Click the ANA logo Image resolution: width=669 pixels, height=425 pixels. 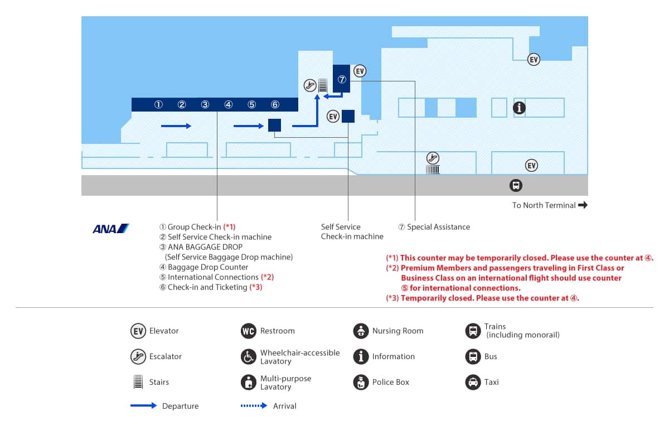point(111,229)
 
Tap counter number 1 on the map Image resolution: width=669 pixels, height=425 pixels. point(158,105)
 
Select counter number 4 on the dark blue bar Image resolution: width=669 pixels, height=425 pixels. point(229,105)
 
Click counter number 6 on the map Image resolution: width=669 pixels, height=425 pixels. point(275,105)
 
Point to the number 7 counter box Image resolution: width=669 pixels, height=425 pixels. point(341,79)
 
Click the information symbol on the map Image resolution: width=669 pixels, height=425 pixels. point(519,108)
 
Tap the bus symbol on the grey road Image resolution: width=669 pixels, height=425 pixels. point(516,185)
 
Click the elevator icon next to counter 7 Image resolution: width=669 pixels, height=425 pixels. point(360,71)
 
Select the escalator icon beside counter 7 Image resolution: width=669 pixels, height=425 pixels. point(310,85)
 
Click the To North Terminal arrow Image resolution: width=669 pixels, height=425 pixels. point(583,205)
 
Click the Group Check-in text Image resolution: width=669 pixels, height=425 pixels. point(194,227)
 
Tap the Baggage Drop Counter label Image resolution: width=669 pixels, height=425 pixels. point(208,267)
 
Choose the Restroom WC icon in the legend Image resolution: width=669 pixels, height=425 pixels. point(249,331)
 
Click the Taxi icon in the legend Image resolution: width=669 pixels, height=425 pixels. point(473,382)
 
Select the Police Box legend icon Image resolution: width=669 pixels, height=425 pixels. point(361,382)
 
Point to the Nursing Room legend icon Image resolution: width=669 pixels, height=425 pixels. point(361,331)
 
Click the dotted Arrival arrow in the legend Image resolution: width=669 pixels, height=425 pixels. point(254,405)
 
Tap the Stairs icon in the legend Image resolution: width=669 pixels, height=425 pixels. point(138,381)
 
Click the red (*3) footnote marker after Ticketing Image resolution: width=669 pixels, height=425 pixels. point(256,287)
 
